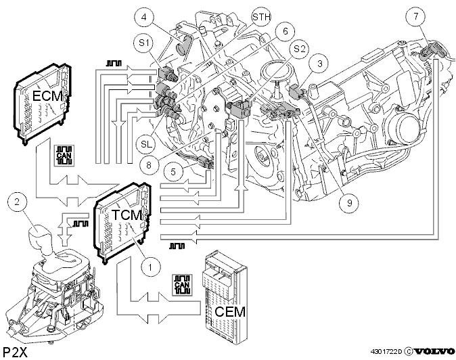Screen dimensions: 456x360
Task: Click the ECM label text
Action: tap(47, 95)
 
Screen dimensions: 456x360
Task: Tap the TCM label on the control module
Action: tap(127, 215)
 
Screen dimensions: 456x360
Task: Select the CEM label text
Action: tap(230, 312)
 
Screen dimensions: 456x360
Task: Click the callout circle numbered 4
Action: tap(144, 18)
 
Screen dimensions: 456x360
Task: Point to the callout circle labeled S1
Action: tap(144, 43)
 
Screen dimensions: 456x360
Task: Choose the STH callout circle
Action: tap(261, 17)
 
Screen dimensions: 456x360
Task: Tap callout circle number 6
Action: tap(285, 31)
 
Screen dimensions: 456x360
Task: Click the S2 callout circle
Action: tap(300, 49)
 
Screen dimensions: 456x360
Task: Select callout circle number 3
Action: tap(319, 64)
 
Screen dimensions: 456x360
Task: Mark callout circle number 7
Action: tap(416, 16)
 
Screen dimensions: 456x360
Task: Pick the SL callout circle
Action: tap(146, 143)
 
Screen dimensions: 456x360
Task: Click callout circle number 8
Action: tap(149, 165)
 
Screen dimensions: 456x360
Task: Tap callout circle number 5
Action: tap(173, 172)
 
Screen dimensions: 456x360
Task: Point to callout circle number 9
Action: tap(350, 202)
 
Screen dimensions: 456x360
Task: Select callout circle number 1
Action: tap(150, 267)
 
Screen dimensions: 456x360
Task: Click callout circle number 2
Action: tap(17, 202)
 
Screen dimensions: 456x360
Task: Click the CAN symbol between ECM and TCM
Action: tap(64, 156)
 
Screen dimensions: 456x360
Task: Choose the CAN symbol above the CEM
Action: tap(182, 285)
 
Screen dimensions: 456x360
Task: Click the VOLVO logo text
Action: tap(434, 351)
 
